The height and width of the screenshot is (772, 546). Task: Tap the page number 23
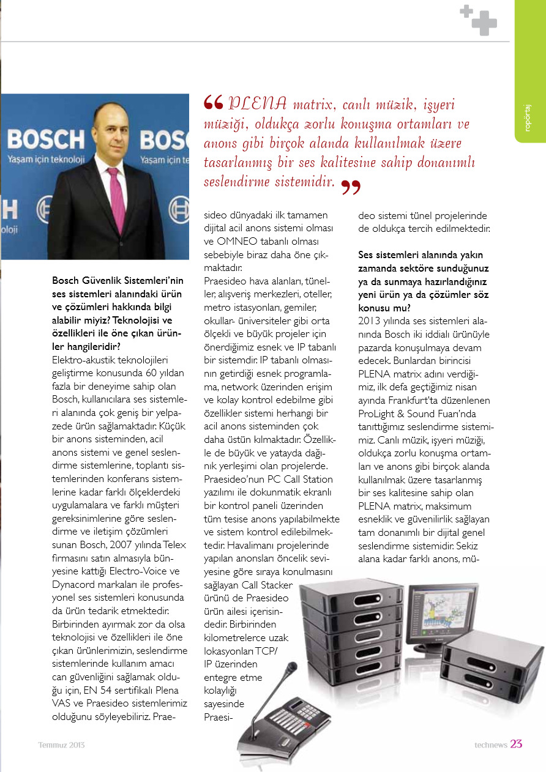click(516, 744)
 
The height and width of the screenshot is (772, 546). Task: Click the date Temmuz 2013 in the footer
click(61, 744)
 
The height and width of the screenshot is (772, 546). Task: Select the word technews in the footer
click(491, 744)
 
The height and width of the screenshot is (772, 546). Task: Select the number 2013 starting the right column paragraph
click(370, 321)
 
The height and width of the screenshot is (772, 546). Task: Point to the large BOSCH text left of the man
click(46, 140)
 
